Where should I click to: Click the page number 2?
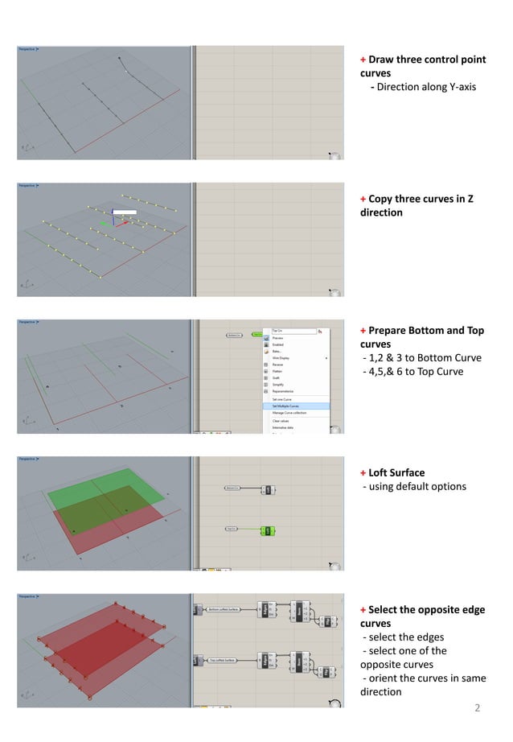click(477, 708)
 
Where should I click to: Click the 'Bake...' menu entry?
click(277, 351)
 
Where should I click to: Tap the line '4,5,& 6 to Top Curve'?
click(413, 371)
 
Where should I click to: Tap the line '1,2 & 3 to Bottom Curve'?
click(422, 357)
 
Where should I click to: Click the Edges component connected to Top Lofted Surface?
click(265, 661)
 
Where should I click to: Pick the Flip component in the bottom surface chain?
click(328, 620)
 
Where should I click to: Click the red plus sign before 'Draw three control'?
click(363, 60)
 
